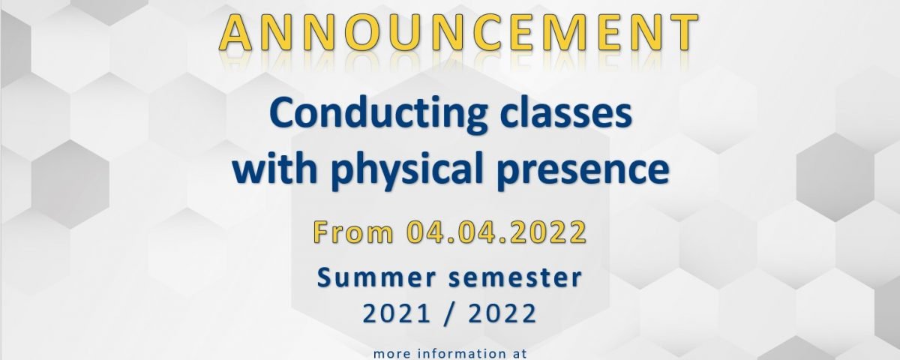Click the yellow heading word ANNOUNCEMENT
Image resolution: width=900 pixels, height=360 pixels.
(x=458, y=32)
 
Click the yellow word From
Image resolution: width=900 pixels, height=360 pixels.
(x=353, y=232)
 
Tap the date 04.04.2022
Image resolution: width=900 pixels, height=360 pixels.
(x=496, y=232)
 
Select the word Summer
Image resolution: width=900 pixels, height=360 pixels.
(x=376, y=278)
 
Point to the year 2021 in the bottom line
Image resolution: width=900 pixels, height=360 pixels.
(x=397, y=313)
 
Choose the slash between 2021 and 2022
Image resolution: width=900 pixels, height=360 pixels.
(x=449, y=313)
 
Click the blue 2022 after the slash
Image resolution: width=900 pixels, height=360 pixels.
(x=502, y=313)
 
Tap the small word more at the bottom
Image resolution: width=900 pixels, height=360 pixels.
(x=392, y=354)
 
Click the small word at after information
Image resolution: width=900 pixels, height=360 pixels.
(x=518, y=354)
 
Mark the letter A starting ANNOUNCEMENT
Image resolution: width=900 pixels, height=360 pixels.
(x=235, y=32)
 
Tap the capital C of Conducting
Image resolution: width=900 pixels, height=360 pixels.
(x=284, y=113)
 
